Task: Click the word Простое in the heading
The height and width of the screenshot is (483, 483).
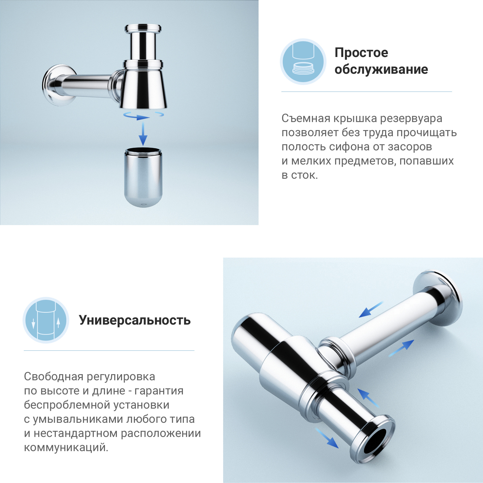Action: coord(361,53)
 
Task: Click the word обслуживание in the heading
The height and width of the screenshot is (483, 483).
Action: coord(381,70)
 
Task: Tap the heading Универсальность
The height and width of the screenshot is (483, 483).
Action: coord(135,320)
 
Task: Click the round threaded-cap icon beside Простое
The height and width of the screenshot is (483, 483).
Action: coord(303,62)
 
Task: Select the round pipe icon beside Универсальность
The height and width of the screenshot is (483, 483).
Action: coord(46,320)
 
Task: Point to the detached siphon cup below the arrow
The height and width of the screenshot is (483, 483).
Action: coord(143,177)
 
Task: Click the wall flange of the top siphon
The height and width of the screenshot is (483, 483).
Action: coord(56,85)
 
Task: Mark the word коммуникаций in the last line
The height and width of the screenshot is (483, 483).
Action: coord(66,448)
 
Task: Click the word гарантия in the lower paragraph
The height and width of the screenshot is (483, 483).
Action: coord(159,391)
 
